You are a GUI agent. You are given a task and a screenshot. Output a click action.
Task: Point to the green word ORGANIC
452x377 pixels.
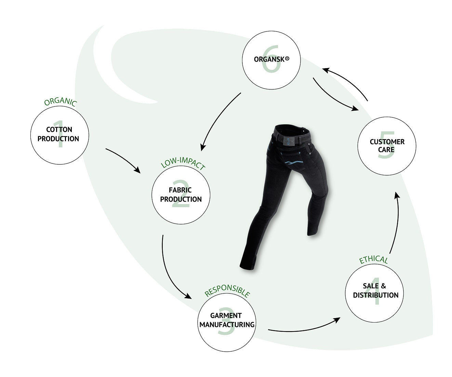click(x=60, y=102)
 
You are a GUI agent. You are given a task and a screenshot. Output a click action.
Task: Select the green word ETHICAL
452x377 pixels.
click(x=373, y=260)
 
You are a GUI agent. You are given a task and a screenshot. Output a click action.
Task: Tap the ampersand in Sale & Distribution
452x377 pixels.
click(x=383, y=286)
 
